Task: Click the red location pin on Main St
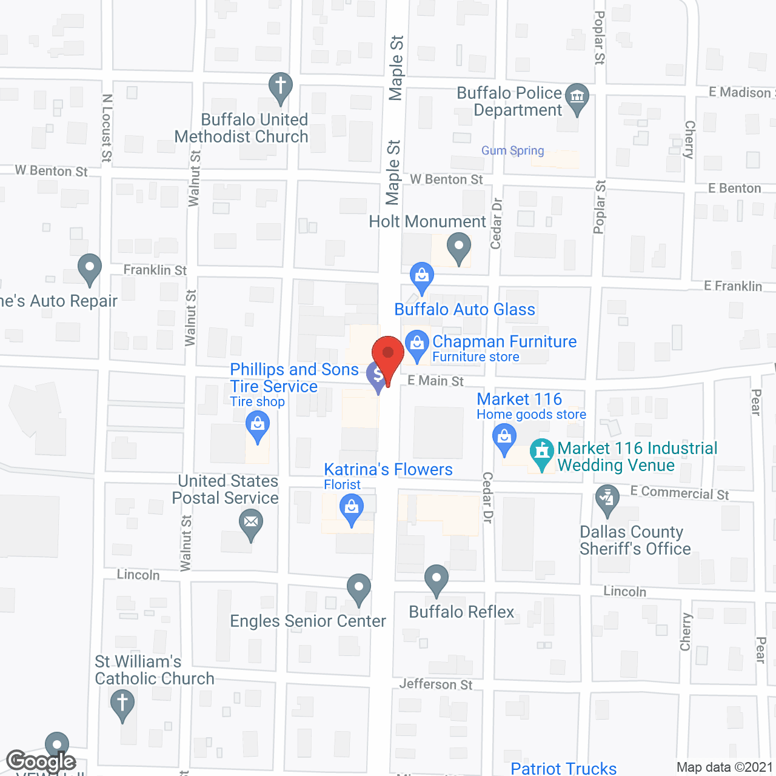click(387, 355)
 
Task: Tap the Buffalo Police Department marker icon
click(577, 97)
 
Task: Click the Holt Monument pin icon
click(459, 248)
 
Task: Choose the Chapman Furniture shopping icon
click(417, 344)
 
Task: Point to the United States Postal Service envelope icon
click(251, 522)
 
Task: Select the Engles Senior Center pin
click(359, 587)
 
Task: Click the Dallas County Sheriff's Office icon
click(606, 500)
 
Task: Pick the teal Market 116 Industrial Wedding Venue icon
click(541, 452)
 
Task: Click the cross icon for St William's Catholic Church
click(122, 703)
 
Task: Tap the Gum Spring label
click(513, 150)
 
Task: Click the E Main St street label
click(435, 381)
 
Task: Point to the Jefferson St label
click(436, 684)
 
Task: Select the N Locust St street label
click(107, 128)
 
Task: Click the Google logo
click(41, 761)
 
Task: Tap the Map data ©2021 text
click(724, 767)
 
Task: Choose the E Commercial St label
click(680, 493)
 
